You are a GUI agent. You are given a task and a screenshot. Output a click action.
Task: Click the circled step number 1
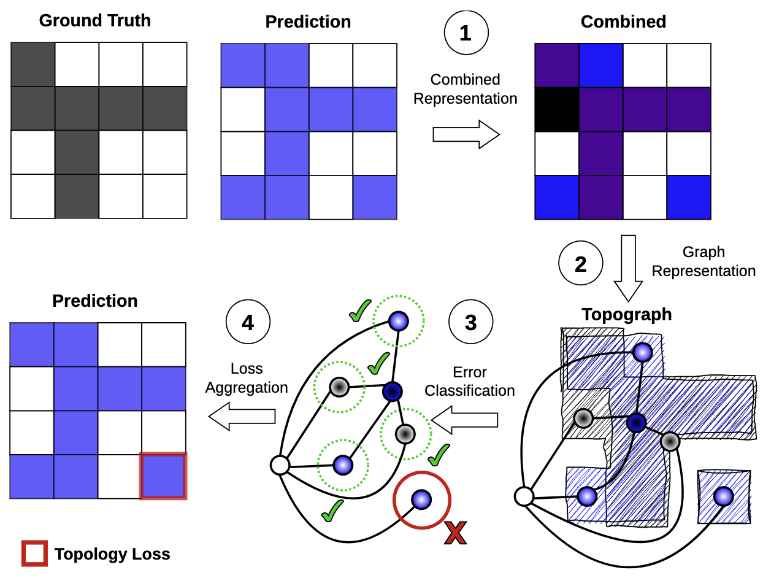click(466, 33)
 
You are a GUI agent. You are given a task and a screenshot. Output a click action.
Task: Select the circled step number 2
click(580, 264)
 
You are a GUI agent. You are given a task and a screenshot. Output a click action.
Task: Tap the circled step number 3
click(470, 322)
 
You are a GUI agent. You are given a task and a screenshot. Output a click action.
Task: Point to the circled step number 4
click(248, 322)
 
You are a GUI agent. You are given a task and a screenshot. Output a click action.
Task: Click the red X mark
click(455, 533)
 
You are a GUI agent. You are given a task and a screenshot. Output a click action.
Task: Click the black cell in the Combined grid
click(557, 109)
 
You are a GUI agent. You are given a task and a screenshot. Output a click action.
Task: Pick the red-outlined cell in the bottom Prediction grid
click(163, 476)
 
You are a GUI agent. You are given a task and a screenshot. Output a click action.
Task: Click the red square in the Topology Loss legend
click(34, 553)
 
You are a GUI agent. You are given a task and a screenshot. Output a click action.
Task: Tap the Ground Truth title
click(94, 20)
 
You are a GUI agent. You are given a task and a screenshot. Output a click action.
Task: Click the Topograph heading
click(626, 314)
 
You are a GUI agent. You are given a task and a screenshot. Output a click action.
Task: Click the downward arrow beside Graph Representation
click(628, 266)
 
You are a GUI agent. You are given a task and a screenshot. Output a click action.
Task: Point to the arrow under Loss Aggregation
click(242, 416)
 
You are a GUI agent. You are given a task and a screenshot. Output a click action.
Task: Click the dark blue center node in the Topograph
click(636, 422)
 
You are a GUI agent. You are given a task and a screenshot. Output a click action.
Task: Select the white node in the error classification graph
click(280, 466)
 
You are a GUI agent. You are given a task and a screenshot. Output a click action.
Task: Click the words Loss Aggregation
click(247, 378)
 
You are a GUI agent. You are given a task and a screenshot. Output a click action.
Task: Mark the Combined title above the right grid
click(623, 21)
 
